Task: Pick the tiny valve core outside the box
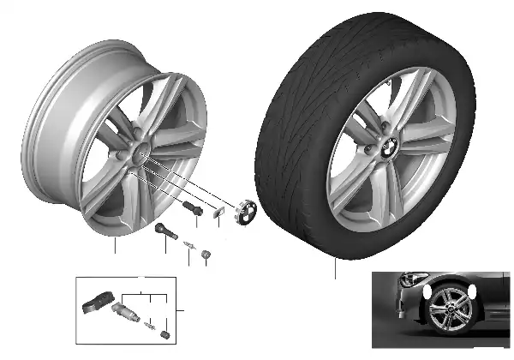pyautogui.click(x=187, y=246)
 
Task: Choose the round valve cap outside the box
pyautogui.click(x=205, y=254)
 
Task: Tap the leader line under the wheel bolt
pyautogui.click(x=196, y=221)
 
